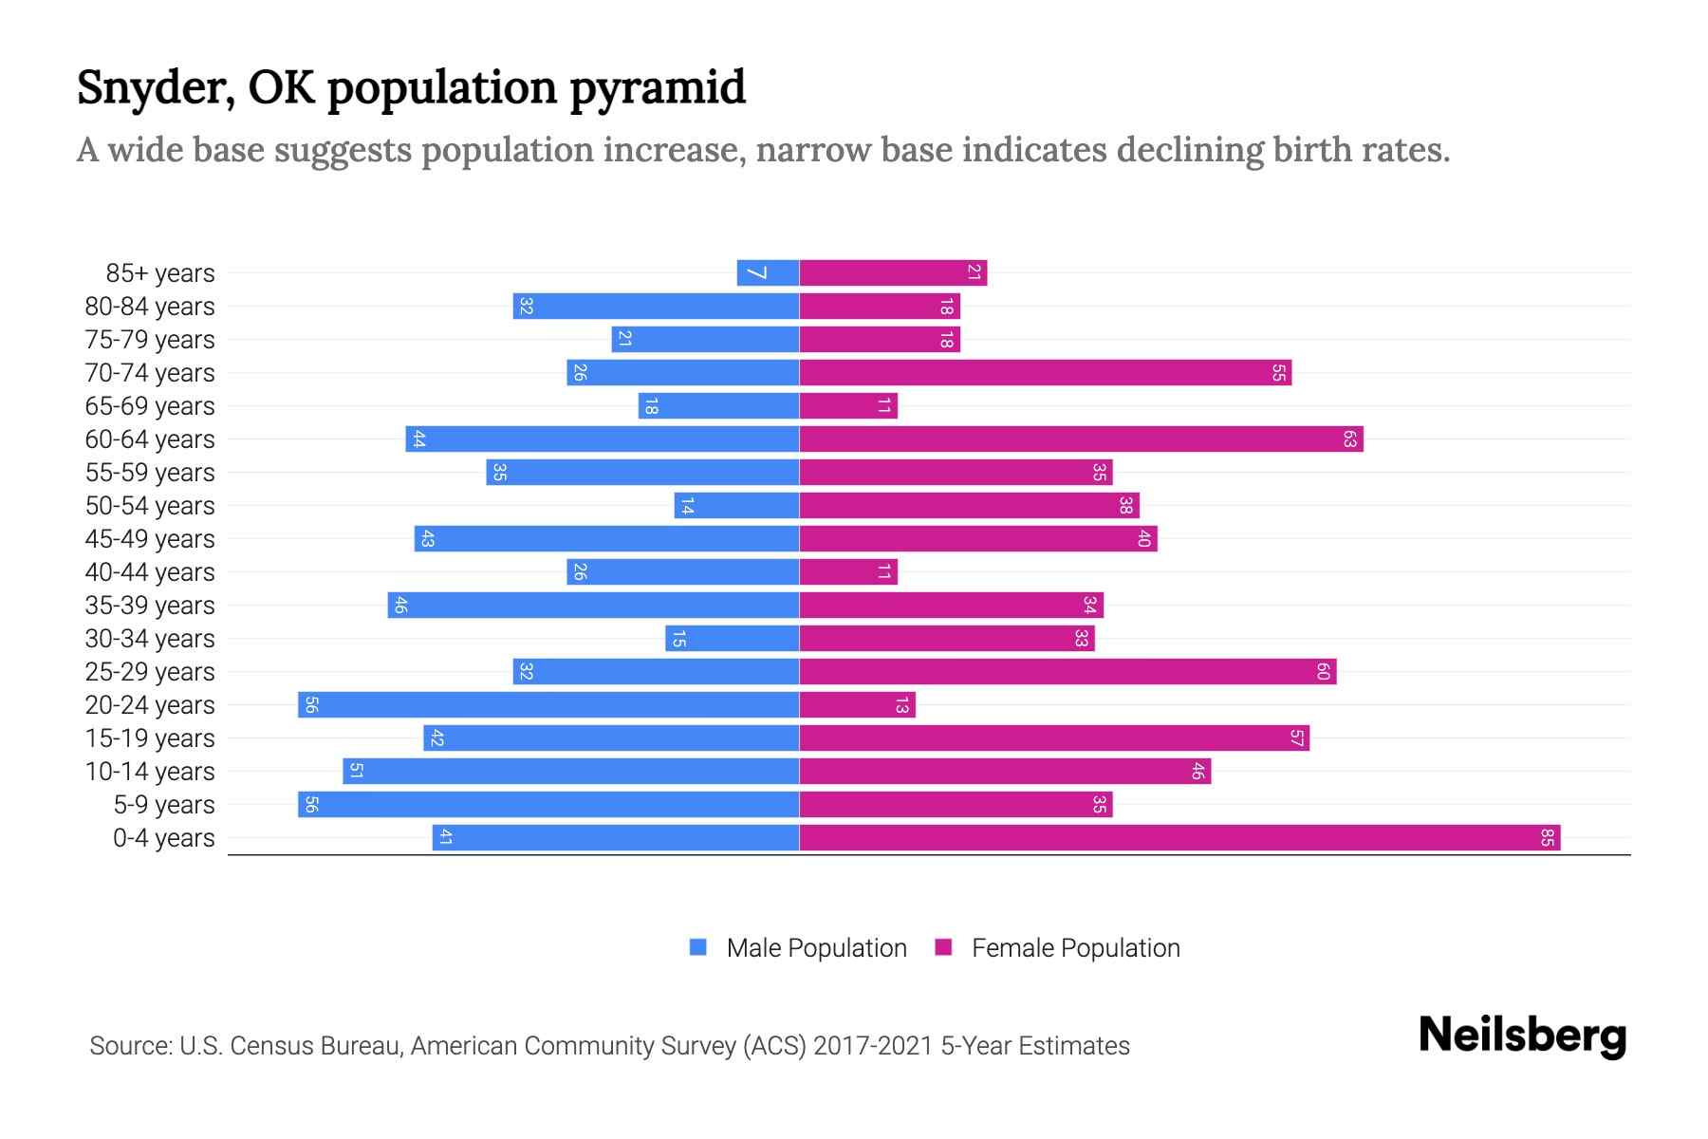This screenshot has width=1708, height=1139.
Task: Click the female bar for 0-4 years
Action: [x=1179, y=838]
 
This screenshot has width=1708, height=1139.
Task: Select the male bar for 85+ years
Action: [x=768, y=273]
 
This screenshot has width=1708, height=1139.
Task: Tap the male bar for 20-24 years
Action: [x=548, y=705]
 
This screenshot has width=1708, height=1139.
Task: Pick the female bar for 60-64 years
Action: [x=1081, y=439]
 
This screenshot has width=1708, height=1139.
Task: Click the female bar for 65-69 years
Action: [x=848, y=406]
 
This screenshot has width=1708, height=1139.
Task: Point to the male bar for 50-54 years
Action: [x=736, y=506]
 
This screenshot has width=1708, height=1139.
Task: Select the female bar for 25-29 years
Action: [x=1067, y=672]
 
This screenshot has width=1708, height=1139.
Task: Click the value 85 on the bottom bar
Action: [x=1547, y=838]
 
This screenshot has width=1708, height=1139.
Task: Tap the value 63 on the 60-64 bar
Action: [x=1349, y=439]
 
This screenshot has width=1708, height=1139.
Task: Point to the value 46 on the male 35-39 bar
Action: [x=400, y=606]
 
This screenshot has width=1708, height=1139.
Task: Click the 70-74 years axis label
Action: [x=150, y=373]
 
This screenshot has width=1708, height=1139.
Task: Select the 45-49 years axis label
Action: [x=150, y=539]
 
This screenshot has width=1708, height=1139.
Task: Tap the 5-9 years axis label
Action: [x=164, y=805]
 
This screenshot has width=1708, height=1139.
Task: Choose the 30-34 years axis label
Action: [x=150, y=639]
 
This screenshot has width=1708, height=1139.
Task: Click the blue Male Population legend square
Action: [x=698, y=947]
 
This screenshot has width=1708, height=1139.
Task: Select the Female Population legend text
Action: [x=1075, y=947]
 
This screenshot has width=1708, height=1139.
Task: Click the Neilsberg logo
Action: [x=1522, y=1036]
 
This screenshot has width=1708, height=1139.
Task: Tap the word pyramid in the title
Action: [x=657, y=88]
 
